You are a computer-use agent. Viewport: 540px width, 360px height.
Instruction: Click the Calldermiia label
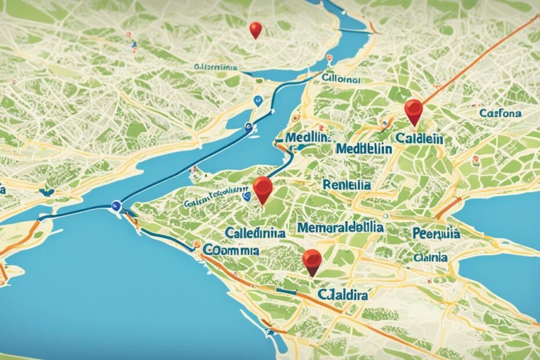pos(216,67)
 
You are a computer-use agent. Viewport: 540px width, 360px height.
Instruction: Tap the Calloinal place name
pos(341,78)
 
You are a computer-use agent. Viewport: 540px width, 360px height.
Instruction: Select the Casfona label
pos(500,113)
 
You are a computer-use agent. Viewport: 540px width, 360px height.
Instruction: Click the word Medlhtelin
pos(363,148)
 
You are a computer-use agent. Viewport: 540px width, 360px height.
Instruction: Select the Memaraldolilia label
pos(340,227)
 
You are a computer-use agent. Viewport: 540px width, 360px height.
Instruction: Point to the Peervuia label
pos(436,234)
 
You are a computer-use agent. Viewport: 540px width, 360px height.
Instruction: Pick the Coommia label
pos(231,250)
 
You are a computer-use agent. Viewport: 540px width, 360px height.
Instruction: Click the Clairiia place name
pos(430,256)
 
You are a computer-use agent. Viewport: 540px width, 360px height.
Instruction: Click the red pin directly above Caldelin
pos(413,111)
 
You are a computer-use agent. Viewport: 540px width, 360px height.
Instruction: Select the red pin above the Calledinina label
pos(262,189)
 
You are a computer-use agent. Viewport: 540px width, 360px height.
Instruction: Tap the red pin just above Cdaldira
pos(312,261)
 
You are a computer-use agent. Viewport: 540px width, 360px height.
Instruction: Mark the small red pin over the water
pos(255,30)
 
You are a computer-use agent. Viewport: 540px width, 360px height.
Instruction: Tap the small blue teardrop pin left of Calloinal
pos(258,102)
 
